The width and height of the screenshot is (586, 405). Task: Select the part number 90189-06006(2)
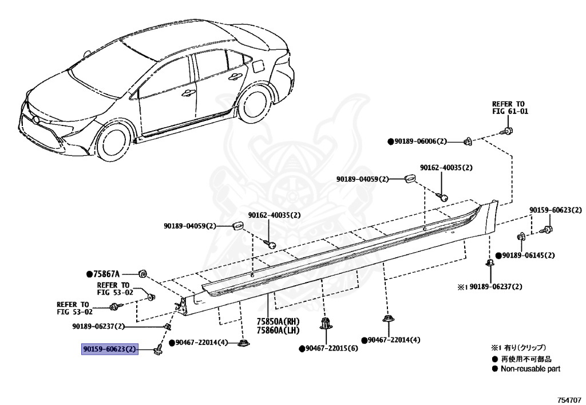coord(421,141)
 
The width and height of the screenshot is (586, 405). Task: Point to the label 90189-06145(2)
coord(528,255)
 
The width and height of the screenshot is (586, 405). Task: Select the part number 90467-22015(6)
coord(331,348)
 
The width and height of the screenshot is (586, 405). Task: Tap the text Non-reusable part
coord(530,369)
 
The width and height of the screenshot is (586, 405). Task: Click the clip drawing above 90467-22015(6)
coord(326,324)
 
